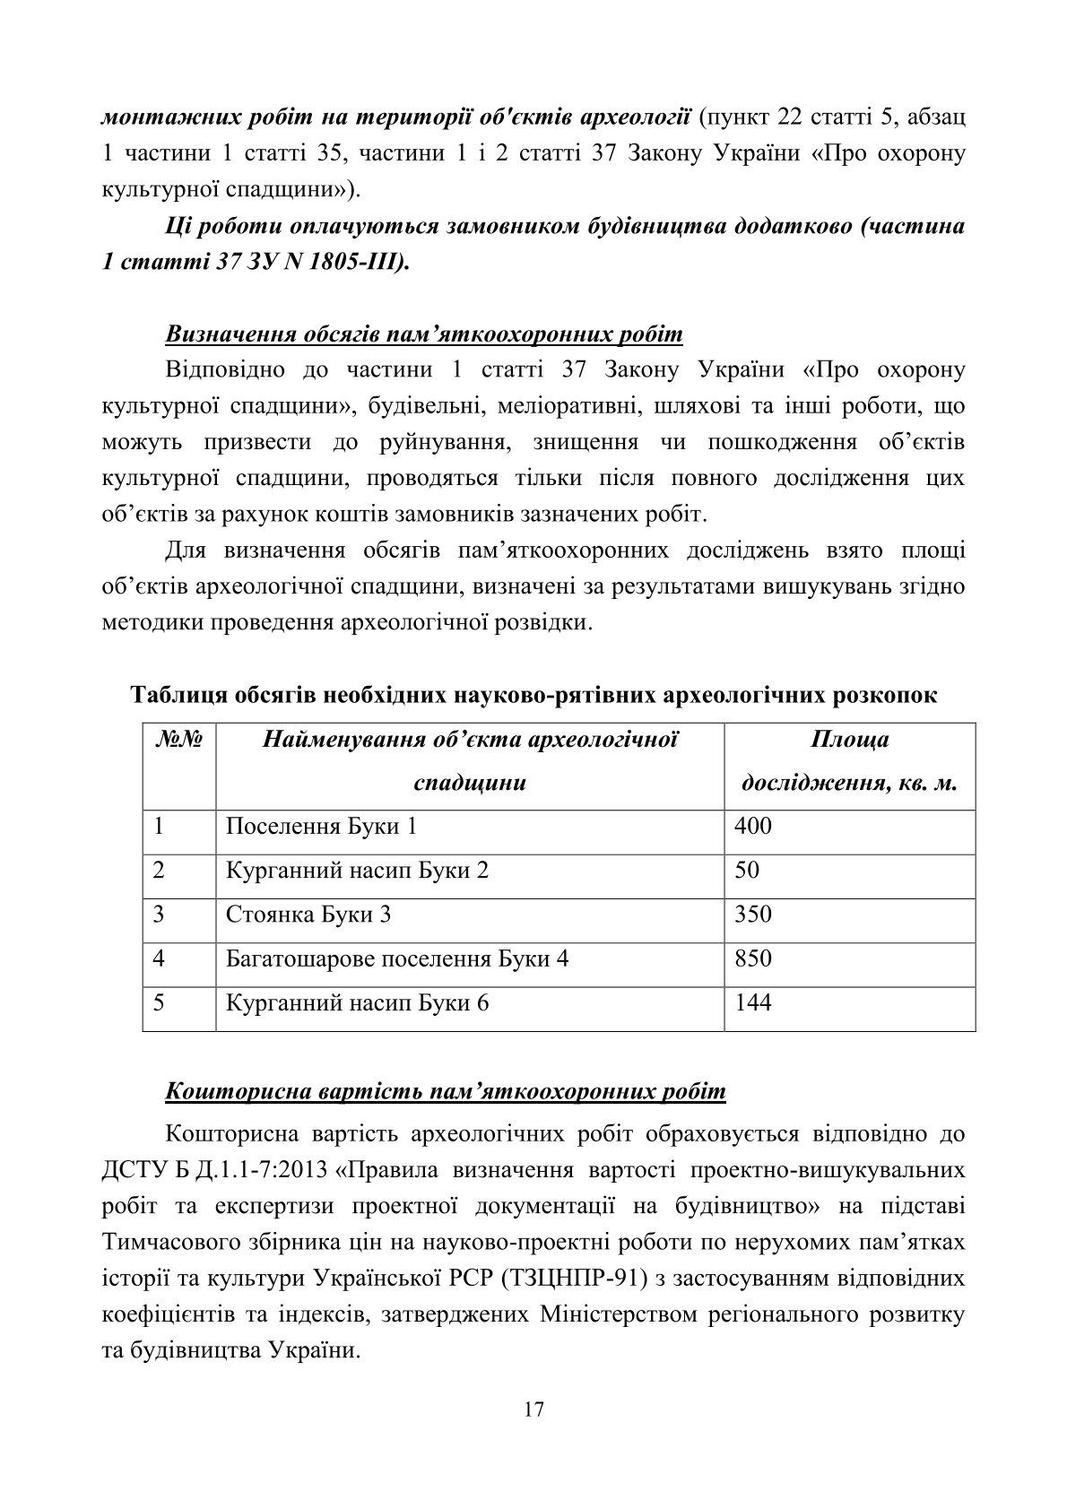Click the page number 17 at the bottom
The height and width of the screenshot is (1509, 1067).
pyautogui.click(x=533, y=1409)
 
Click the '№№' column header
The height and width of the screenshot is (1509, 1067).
pyautogui.click(x=179, y=741)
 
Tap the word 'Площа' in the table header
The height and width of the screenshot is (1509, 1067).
pyautogui.click(x=849, y=741)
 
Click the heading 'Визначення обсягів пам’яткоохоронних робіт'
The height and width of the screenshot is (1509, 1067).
pyautogui.click(x=424, y=334)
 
